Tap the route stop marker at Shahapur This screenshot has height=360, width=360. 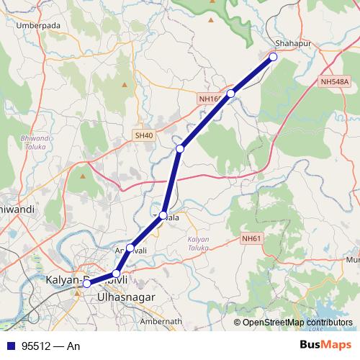pyautogui.click(x=273, y=56)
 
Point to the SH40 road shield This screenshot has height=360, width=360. pyautogui.click(x=144, y=135)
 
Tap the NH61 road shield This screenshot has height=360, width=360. pyautogui.click(x=251, y=239)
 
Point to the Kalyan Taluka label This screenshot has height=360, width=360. pyautogui.click(x=198, y=243)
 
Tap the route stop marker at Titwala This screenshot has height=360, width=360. pyautogui.click(x=163, y=215)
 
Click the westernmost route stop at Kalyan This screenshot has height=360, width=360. pyautogui.click(x=86, y=284)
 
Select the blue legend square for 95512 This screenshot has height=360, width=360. pyautogui.click(x=9, y=346)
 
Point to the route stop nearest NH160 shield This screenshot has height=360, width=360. pyautogui.click(x=231, y=94)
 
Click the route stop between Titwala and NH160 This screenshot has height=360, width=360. pyautogui.click(x=180, y=148)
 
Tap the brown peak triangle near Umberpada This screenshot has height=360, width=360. pyautogui.click(x=124, y=85)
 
